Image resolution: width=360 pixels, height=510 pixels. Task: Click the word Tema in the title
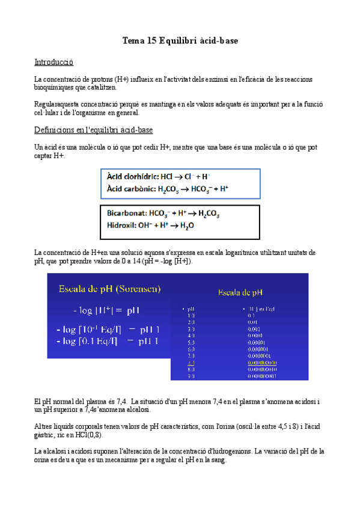point(133,41)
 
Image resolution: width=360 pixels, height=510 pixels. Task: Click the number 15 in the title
point(152,41)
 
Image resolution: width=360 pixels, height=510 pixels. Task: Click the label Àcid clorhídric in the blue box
point(133,177)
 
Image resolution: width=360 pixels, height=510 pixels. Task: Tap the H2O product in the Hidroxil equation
point(187,227)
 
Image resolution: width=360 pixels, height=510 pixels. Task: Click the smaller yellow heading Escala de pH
point(240,293)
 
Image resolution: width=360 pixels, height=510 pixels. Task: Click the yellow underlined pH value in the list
point(191,363)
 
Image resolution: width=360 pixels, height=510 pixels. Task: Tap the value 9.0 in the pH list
point(191,376)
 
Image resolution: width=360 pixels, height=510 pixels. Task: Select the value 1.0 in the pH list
point(191,315)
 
